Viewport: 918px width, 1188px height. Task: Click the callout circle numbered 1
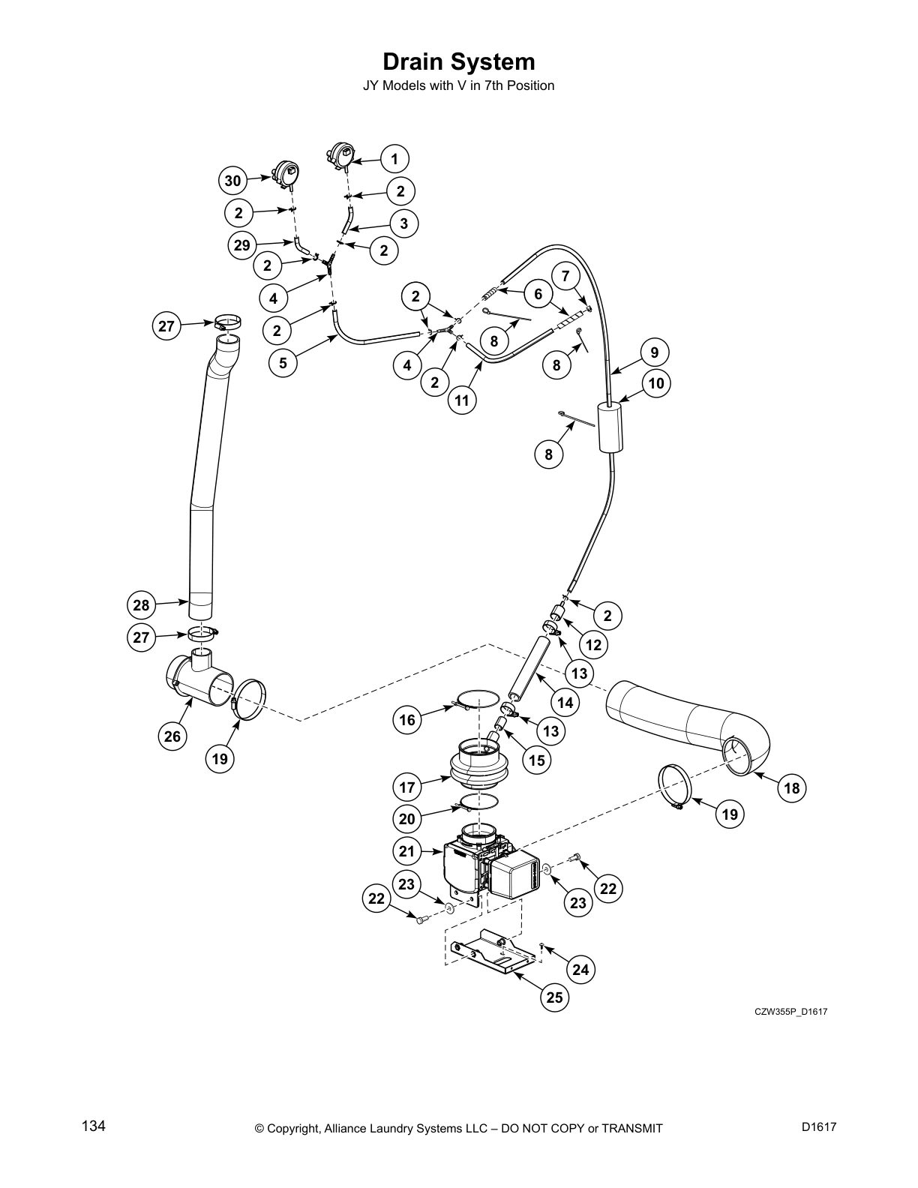[394, 159]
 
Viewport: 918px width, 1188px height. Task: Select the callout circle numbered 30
[233, 181]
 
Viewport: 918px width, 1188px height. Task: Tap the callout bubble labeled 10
[656, 384]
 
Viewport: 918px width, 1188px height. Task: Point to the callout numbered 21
[406, 851]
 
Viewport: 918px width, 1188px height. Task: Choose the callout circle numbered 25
[554, 997]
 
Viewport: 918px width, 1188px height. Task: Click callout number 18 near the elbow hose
[792, 788]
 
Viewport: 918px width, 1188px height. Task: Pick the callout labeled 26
[172, 736]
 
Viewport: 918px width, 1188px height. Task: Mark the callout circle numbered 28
[141, 605]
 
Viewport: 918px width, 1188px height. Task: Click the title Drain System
[459, 61]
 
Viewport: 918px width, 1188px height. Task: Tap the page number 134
[94, 1126]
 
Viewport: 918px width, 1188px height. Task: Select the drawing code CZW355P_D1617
[790, 1012]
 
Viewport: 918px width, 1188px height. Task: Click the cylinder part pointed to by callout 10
[611, 427]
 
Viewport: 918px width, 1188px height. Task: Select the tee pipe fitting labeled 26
[199, 679]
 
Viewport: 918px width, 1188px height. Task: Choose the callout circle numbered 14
[565, 703]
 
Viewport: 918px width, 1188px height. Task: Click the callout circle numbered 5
[283, 364]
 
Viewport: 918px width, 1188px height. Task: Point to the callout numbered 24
[580, 970]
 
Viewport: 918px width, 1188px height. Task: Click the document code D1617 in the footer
[818, 1126]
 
